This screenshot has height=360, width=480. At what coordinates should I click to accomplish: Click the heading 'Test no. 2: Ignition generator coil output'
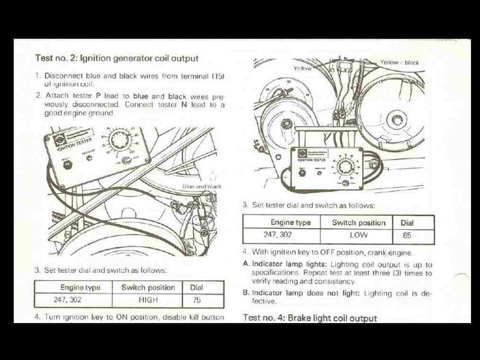point(117,59)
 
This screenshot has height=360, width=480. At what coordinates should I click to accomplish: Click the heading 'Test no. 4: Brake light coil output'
point(309,318)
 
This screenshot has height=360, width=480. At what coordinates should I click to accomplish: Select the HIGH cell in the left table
point(148,299)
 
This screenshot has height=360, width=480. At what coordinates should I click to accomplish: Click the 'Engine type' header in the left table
point(80,287)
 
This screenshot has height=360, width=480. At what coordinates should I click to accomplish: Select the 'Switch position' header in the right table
point(358,222)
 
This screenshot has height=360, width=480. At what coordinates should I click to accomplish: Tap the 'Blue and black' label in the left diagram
point(202,187)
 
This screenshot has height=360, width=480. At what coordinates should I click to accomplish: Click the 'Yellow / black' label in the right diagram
point(399,62)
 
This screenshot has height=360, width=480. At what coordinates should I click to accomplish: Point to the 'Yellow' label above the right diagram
point(302,68)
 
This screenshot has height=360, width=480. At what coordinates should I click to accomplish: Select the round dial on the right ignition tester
point(346,166)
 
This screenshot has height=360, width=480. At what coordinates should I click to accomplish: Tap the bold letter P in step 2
point(98,96)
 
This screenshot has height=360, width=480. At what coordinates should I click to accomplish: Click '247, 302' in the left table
point(68,299)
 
